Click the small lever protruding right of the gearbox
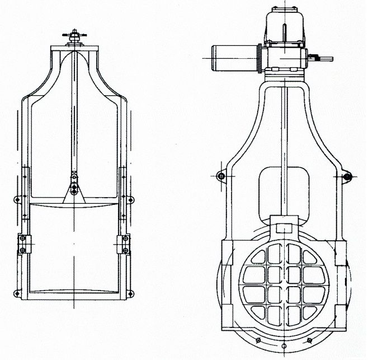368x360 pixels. coord(323,57)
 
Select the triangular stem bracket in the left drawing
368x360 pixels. coord(73,193)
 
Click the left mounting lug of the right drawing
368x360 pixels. coord(221,176)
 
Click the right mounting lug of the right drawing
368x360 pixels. coord(346,177)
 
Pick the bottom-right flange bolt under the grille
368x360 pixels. coord(310,340)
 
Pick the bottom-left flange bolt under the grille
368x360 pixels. coord(258,340)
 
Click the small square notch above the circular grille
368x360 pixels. coord(284,227)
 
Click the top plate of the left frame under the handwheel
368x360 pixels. coord(73,49)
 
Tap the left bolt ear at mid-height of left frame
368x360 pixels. coord(17,199)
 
